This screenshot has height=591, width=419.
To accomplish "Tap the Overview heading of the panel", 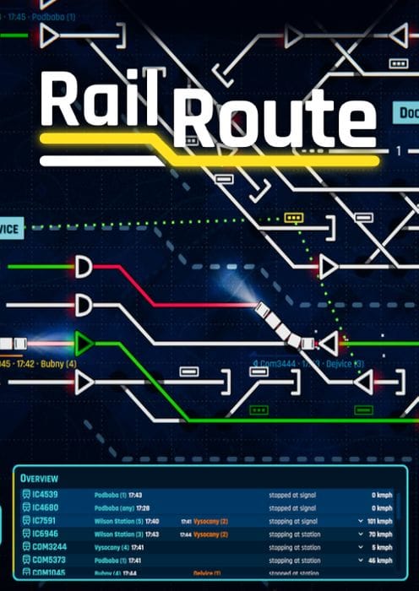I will click(x=40, y=479).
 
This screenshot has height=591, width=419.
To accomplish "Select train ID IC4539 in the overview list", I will click(x=45, y=495).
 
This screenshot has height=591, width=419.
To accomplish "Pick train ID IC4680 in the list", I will click(x=45, y=508).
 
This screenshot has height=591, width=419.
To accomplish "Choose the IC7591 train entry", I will click(x=45, y=522).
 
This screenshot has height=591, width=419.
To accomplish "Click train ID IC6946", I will click(x=45, y=534).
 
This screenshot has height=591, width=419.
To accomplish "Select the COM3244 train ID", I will click(x=48, y=547).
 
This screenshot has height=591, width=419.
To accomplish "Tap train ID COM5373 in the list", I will click(x=48, y=561).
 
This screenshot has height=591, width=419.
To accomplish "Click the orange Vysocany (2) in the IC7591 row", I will click(x=210, y=522).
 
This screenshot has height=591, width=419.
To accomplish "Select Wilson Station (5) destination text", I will click(x=119, y=522).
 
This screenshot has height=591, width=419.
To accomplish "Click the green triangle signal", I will click(x=83, y=344).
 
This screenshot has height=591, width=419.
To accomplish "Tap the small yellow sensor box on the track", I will click(x=293, y=218).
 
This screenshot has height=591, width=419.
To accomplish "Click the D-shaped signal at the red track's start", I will click(x=83, y=267).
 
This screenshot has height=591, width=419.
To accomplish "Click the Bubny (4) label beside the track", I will click(x=59, y=364).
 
